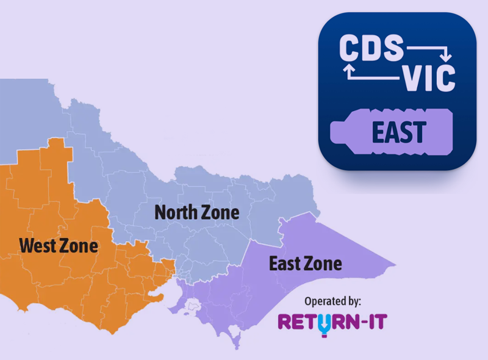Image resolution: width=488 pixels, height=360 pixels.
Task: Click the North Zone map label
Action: (196, 212)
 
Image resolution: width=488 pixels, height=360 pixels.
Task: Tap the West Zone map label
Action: (59, 246)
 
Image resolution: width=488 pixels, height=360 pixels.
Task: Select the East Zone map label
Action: (306, 264)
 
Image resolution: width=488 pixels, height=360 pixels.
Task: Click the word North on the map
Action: (176, 212)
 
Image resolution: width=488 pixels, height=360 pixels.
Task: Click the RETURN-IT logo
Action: (332, 322)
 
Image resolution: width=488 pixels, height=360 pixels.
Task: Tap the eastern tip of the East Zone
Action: (394, 266)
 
